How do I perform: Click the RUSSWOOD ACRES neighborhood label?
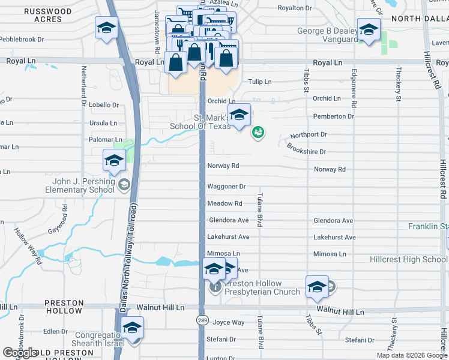pyautogui.click(x=43, y=15)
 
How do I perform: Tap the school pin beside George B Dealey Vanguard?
pyautogui.click(x=369, y=29)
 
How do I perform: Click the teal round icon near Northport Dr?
pyautogui.click(x=258, y=132)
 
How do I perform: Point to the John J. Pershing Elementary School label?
pyautogui.click(x=80, y=185)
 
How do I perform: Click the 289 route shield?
pyautogui.click(x=202, y=322)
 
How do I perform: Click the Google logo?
pyautogui.click(x=20, y=353)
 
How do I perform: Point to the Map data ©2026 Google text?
pyautogui.click(x=412, y=355)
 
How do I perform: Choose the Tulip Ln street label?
pyautogui.click(x=260, y=82)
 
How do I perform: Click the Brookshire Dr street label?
pyautogui.click(x=306, y=149)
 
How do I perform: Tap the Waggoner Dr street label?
pyautogui.click(x=227, y=187)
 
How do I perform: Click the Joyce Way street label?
pyautogui.click(x=229, y=322)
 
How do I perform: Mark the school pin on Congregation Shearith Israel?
pyautogui.click(x=132, y=328)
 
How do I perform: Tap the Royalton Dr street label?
pyautogui.click(x=294, y=8)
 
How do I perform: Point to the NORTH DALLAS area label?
pyautogui.click(x=420, y=19)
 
